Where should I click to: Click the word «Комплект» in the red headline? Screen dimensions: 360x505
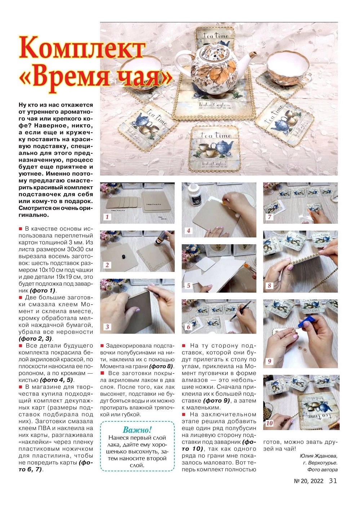coord(82,49)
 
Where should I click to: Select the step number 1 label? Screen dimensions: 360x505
coord(107,217)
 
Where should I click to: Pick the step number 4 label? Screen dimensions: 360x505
coord(188,231)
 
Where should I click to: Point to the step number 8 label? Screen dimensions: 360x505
coord(269,286)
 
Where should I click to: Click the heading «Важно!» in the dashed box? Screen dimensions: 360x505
coord(137,430)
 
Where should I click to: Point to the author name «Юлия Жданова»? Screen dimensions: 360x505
coord(319,456)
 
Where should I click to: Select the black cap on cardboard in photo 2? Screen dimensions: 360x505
coord(123,256)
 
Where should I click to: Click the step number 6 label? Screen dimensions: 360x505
coord(188,327)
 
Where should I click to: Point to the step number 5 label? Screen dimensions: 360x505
coord(188,286)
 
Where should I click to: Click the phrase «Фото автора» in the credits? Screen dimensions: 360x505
coord(322,470)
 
